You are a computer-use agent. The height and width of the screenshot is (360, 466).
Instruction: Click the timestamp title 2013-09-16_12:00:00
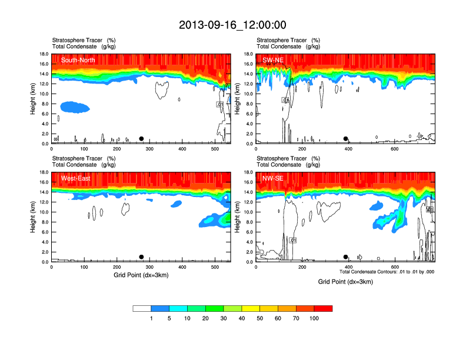point(232,25)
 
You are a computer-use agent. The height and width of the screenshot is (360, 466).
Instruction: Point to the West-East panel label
point(75,178)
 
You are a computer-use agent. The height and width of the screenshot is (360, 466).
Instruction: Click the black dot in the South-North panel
point(141,139)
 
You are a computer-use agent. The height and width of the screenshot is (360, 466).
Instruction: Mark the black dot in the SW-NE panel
point(346,139)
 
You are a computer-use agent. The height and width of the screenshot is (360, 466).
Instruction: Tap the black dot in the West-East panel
point(141,257)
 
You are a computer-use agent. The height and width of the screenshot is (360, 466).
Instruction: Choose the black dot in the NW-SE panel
point(346,257)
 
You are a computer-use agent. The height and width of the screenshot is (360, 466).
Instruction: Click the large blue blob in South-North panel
point(75,106)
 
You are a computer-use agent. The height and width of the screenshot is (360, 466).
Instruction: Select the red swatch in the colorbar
point(323,308)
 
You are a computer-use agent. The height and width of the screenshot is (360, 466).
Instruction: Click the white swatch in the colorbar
point(142,308)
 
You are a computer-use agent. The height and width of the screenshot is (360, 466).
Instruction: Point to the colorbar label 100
point(314,318)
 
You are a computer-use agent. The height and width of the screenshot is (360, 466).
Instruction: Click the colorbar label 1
point(151,318)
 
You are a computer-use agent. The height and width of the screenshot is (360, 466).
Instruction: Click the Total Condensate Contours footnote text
point(387,272)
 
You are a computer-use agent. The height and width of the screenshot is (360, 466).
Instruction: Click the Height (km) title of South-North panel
point(33,99)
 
